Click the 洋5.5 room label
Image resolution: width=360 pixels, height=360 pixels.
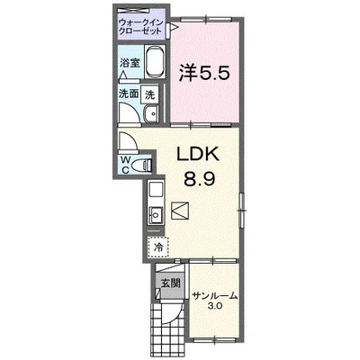pos(211,72)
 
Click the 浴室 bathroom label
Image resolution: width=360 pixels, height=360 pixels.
pos(130,63)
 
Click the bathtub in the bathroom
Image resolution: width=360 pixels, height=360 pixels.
pos(152,63)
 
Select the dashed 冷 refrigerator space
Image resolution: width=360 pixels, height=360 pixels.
pos(157,244)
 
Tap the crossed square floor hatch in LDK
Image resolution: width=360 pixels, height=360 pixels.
pos(180,211)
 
